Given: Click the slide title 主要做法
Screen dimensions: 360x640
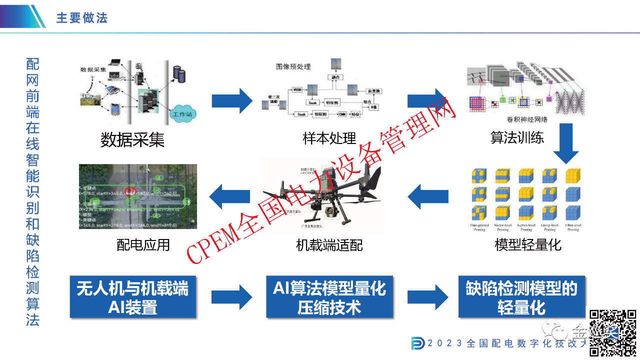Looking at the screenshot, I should [82, 18].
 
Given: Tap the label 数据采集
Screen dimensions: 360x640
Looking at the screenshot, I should [132, 139].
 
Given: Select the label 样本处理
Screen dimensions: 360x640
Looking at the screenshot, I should [329, 138].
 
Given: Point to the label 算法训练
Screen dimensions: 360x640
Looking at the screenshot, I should [517, 137].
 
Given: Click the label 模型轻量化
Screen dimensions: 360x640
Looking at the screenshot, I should [527, 245].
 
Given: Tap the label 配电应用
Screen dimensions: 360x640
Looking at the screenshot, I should [143, 244].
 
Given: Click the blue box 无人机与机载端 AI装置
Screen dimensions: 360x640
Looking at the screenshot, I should [133, 297].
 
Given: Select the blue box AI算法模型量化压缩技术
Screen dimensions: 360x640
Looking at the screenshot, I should [329, 297].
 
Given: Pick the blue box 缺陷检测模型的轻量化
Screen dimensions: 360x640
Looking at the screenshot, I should [521, 297].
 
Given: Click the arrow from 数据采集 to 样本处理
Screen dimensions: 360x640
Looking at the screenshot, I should [232, 101].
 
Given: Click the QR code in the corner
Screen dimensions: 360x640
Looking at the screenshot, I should [612, 332].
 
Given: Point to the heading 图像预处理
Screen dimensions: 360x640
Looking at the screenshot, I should [293, 66].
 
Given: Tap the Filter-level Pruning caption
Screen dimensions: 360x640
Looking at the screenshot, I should [573, 227].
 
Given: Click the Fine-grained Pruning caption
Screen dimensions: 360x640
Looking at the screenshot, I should [479, 227].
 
